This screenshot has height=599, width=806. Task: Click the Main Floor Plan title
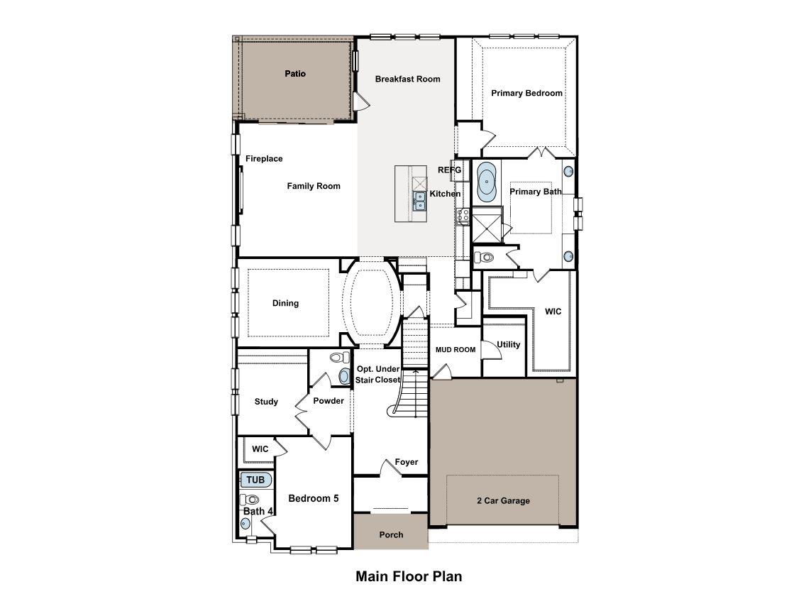(x=409, y=576)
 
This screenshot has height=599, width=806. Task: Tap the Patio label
(x=295, y=74)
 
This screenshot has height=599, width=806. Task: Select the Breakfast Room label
(x=407, y=79)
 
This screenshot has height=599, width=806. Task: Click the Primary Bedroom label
(x=526, y=93)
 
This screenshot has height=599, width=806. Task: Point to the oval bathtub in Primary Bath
(x=487, y=181)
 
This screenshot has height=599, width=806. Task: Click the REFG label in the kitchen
(x=449, y=170)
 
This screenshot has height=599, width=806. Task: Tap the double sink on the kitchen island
(x=420, y=200)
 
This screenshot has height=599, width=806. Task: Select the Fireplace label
(x=264, y=159)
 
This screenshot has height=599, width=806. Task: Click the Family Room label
(x=314, y=186)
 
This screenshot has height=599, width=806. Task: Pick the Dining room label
(x=285, y=303)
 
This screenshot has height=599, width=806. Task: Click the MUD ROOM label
(x=455, y=350)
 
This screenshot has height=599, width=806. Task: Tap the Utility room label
(x=508, y=345)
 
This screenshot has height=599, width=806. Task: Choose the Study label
(x=266, y=402)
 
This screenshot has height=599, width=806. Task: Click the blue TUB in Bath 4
(x=255, y=480)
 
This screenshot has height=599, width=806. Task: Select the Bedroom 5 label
(x=313, y=498)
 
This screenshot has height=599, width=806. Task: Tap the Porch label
(x=391, y=535)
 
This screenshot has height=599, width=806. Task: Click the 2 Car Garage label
(x=502, y=501)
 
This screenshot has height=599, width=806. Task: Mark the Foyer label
(x=407, y=462)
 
